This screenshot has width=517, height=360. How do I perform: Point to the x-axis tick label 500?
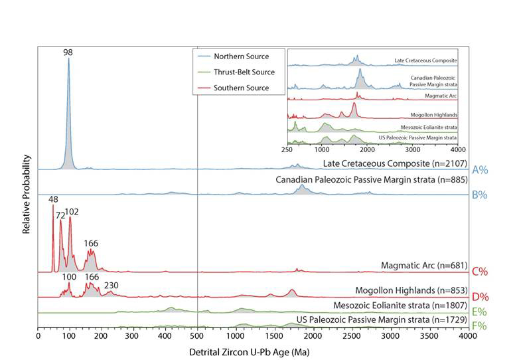pos(198,337)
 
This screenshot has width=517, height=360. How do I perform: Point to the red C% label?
pos(480,271)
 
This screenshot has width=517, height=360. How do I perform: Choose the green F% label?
pos(480,326)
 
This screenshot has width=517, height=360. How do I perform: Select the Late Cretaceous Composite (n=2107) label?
pos(396,163)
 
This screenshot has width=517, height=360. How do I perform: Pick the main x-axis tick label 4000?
pos(467,337)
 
